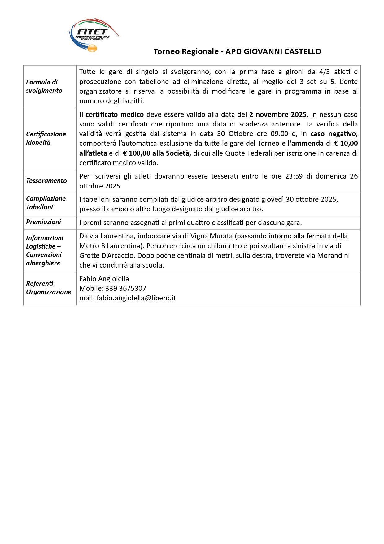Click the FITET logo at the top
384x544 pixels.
(x=93, y=35)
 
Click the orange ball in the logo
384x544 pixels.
(x=92, y=48)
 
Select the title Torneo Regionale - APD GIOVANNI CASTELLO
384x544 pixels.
(x=237, y=51)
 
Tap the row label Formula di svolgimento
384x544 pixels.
(x=44, y=86)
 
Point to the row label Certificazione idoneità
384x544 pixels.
(x=46, y=138)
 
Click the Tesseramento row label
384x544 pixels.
(x=46, y=181)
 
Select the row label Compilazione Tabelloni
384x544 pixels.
(x=46, y=203)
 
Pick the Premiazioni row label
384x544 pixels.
(x=43, y=222)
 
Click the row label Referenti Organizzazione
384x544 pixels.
(x=49, y=288)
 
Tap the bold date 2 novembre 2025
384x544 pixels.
(x=278, y=114)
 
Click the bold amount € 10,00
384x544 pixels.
(x=346, y=143)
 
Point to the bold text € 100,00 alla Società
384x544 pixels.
(x=157, y=153)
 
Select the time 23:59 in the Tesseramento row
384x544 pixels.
(x=294, y=176)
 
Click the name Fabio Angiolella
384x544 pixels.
(x=104, y=279)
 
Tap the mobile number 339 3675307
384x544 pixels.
(x=126, y=288)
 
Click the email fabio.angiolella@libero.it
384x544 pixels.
(x=136, y=298)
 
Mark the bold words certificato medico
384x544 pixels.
(x=115, y=114)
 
